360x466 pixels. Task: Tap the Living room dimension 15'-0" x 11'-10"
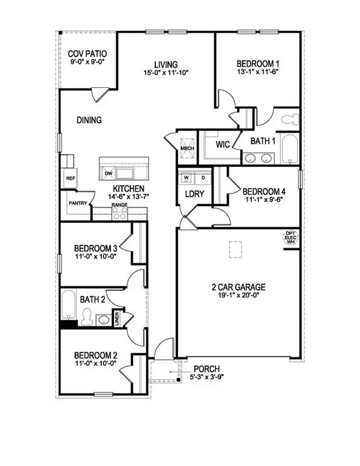pos(165,73)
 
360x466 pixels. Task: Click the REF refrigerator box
pos(70,178)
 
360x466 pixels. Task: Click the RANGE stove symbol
pos(119,214)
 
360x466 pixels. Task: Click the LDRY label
pos(194,194)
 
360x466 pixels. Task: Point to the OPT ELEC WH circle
pos(291,238)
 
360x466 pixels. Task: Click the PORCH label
pos(206,369)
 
